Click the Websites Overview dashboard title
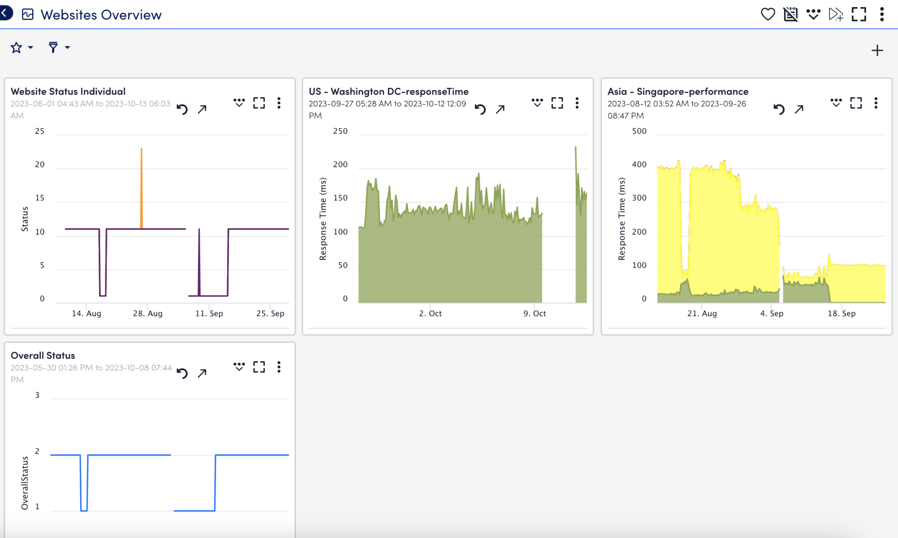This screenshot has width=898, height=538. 101,15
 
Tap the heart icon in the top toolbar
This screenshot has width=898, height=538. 767,14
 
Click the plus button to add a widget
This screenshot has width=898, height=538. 877,50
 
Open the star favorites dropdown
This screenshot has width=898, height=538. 21,47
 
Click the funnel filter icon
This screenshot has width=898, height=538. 53,47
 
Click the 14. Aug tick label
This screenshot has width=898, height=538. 86,314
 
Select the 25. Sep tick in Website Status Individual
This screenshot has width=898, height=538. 270,314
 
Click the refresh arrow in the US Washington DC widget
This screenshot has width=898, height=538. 480,109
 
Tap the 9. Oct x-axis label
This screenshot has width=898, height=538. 535,314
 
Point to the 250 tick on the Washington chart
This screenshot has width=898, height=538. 340,131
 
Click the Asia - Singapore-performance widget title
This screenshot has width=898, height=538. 677,91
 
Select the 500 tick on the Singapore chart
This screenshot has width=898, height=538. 639,131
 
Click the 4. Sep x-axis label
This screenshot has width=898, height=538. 771,314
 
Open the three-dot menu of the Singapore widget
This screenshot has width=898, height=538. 876,103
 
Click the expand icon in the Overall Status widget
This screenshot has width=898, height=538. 259,367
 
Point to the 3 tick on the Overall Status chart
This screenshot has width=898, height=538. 37,395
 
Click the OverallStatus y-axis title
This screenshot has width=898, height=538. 25,483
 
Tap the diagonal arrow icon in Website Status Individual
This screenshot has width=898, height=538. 202,109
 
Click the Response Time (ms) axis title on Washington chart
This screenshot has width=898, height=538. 323,218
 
